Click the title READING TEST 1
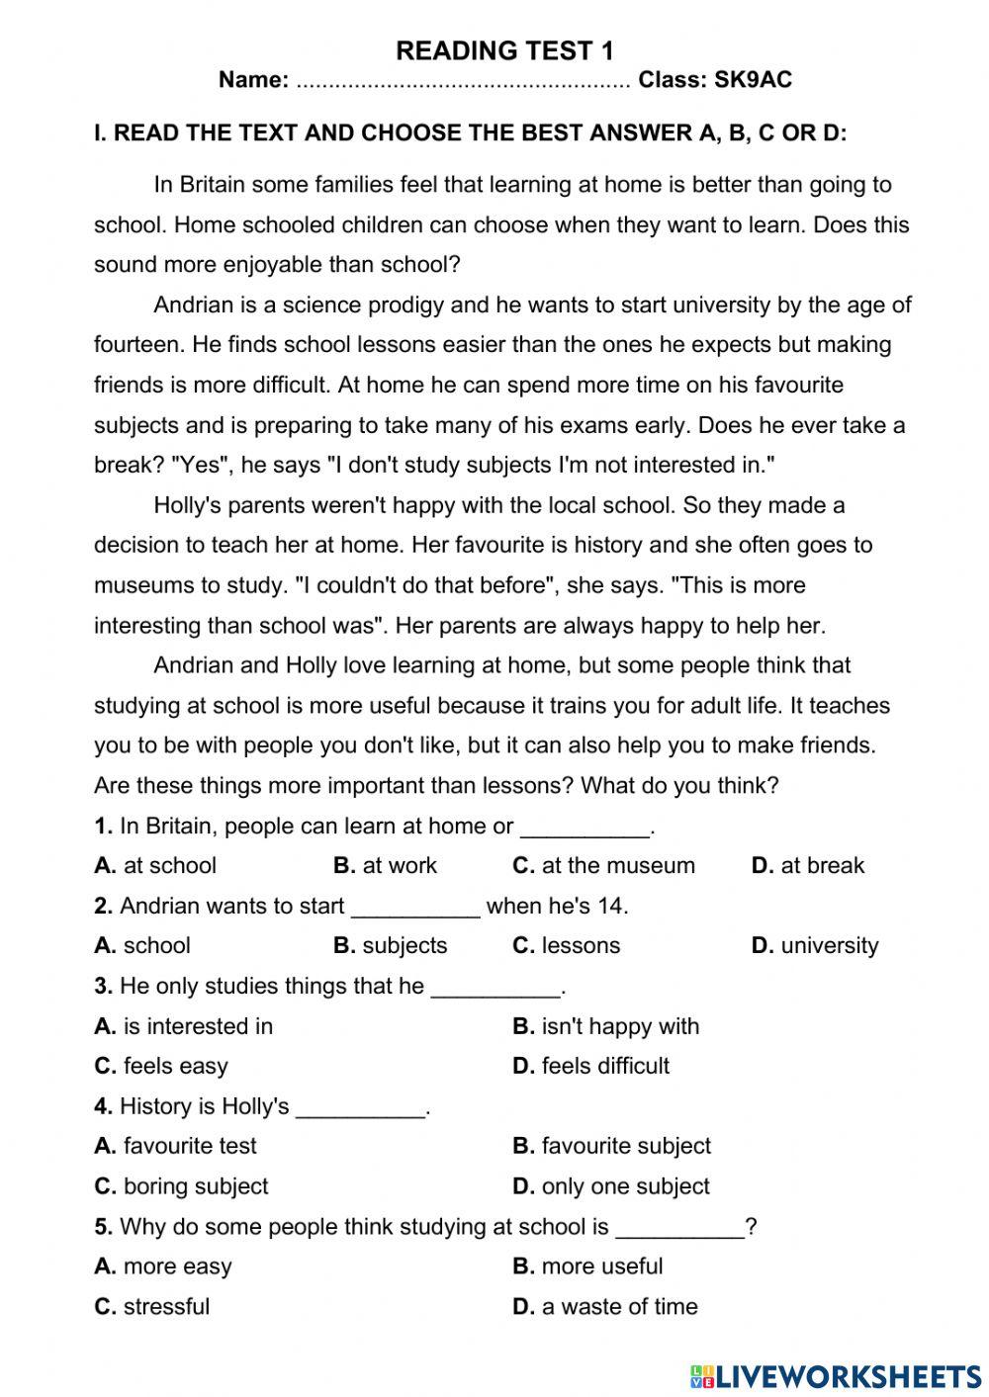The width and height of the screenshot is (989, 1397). [504, 50]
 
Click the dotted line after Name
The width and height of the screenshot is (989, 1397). [463, 82]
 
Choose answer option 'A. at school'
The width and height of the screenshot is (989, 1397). [155, 866]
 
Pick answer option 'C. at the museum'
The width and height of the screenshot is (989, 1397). [603, 866]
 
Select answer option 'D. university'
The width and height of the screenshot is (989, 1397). [814, 946]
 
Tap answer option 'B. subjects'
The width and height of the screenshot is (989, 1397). [390, 946]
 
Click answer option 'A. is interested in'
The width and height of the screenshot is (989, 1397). [184, 1026]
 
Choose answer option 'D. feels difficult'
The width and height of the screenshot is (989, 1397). [590, 1066]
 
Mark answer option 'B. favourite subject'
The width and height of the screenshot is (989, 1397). [611, 1146]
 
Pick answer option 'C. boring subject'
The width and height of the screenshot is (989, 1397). [181, 1186]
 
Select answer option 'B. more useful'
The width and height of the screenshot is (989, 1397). [587, 1266]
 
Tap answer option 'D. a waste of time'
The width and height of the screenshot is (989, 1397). [604, 1307]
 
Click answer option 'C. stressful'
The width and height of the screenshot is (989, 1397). [152, 1307]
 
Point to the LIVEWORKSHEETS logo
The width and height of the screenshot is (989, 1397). [835, 1375]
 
